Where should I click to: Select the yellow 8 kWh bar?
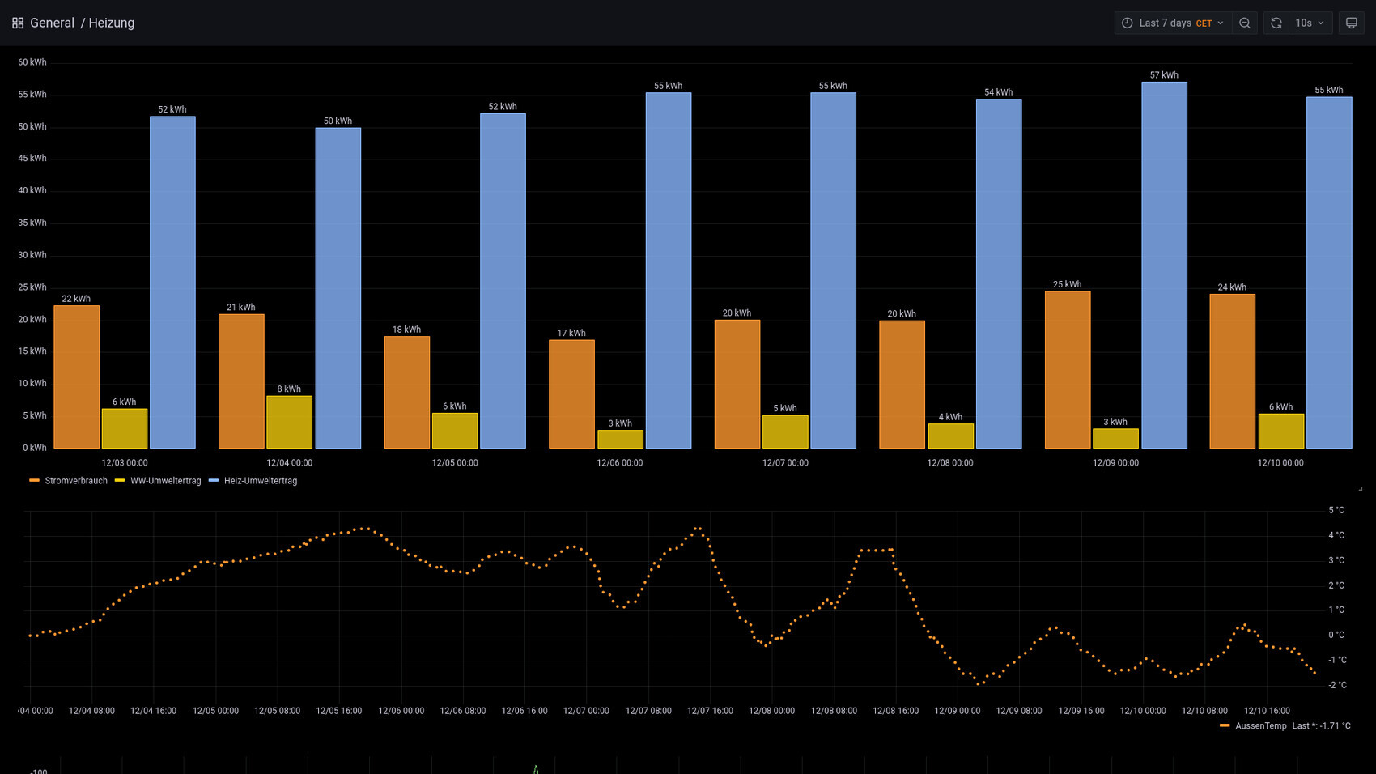(x=289, y=422)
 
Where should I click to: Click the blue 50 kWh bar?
(x=338, y=288)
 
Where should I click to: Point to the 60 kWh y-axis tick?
(x=32, y=62)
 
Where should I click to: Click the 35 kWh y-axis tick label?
(x=32, y=223)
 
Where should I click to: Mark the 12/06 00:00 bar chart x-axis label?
(x=620, y=463)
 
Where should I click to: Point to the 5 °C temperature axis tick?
(x=1336, y=510)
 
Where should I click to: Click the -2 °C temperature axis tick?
(x=1337, y=685)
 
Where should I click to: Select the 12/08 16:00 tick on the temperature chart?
(x=895, y=711)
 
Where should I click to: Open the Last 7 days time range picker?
(x=1172, y=23)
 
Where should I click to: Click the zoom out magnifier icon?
(x=1245, y=23)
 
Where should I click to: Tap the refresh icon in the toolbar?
(x=1276, y=23)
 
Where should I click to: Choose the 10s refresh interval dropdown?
(x=1310, y=23)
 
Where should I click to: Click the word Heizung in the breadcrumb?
(x=112, y=23)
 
